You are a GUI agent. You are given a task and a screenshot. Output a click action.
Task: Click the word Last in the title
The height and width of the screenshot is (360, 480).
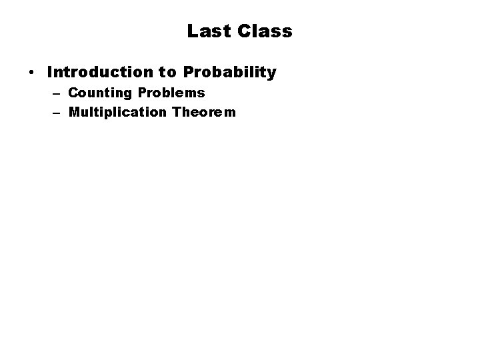208,31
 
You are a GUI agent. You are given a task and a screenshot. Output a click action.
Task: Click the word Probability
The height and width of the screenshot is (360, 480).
229,73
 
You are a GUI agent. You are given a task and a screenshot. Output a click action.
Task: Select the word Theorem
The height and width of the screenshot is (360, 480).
203,112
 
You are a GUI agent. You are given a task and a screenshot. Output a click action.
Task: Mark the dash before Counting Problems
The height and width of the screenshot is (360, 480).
56,93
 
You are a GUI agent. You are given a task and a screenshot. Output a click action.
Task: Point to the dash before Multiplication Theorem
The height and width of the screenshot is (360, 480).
56,112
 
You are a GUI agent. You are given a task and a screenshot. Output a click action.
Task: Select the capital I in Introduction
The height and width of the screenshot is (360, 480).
51,72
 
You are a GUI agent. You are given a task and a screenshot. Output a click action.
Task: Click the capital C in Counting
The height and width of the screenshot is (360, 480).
73,93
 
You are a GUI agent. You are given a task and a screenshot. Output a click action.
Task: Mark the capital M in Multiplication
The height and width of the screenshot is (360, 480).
74,112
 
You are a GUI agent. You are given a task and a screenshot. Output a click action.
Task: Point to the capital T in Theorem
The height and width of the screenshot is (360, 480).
176,112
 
